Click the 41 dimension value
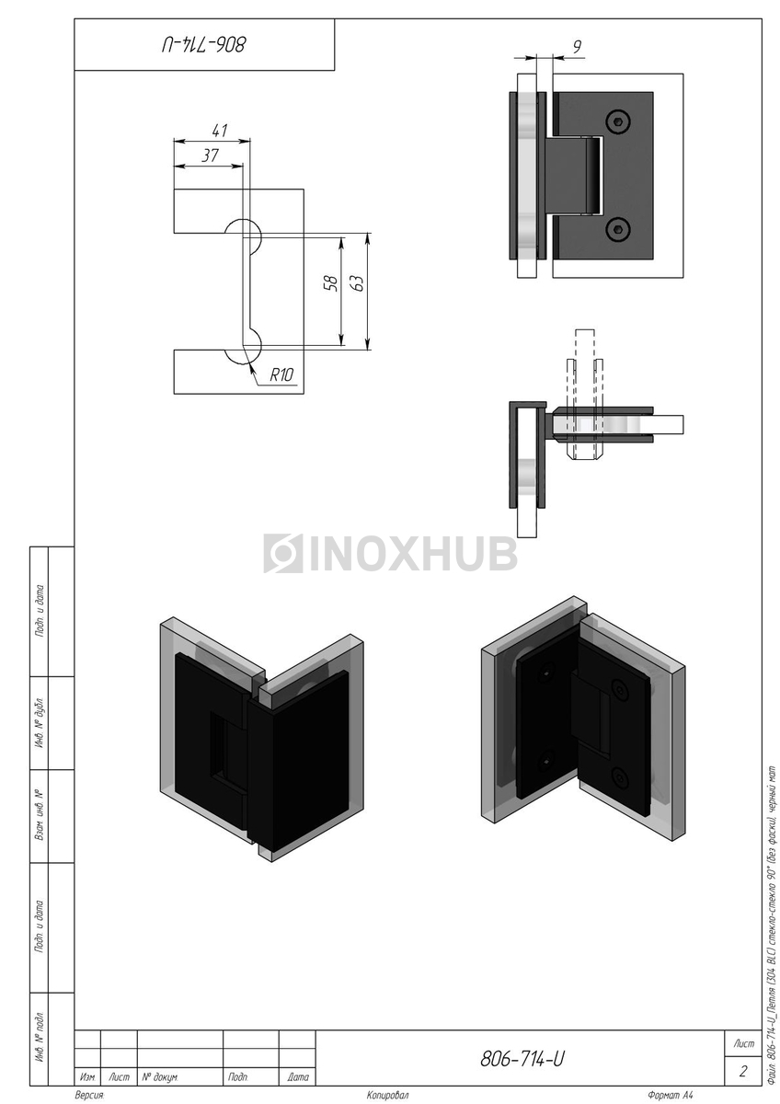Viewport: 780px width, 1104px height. click(219, 131)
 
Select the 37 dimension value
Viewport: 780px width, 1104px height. click(210, 155)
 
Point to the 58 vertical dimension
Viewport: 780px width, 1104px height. click(332, 283)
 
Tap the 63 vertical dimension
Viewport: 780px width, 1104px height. click(359, 283)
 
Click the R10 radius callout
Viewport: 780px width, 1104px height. click(281, 374)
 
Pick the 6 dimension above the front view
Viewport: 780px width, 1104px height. click(577, 46)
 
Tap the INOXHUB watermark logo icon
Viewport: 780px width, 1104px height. click(283, 553)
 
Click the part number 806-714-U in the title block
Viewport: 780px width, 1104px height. click(522, 1059)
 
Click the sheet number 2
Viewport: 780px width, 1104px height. click(743, 1071)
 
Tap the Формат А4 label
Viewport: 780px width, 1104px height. click(670, 1095)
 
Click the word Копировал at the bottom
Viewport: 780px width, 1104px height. click(387, 1095)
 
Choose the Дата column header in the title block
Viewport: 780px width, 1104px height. click(298, 1075)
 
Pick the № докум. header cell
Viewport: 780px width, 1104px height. click(160, 1075)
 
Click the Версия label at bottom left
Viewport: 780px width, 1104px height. click(89, 1095)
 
